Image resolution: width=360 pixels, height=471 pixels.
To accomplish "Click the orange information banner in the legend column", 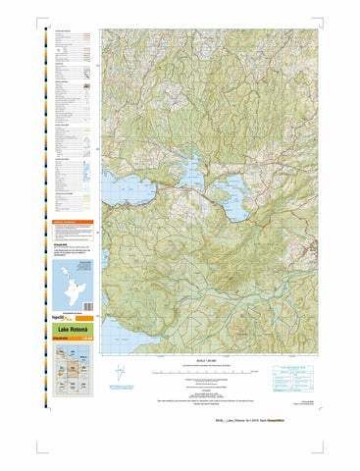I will coord(73,225).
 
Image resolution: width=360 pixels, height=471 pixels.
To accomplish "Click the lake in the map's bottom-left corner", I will coord(114,331).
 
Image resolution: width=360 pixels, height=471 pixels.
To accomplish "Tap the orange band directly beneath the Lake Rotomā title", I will coord(73,339).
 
